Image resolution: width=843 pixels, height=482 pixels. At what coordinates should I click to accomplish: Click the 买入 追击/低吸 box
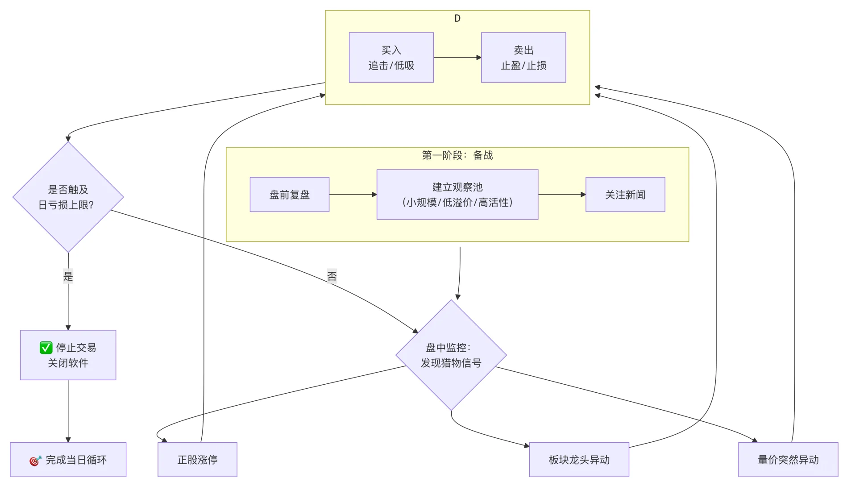pyautogui.click(x=391, y=58)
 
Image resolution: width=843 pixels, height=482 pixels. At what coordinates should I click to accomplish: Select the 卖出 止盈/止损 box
pyautogui.click(x=523, y=58)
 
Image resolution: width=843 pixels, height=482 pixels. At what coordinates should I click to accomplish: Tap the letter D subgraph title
pyautogui.click(x=457, y=18)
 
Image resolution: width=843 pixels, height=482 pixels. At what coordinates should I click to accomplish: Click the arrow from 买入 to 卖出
pyautogui.click(x=457, y=58)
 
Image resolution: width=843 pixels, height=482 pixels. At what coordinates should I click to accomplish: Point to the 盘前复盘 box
pyautogui.click(x=289, y=195)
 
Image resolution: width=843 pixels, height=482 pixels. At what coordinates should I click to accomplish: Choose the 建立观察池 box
pyautogui.click(x=457, y=195)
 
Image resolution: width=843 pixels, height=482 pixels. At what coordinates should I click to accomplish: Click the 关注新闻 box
pyautogui.click(x=625, y=195)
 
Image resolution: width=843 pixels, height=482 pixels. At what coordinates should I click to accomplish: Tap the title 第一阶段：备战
pyautogui.click(x=457, y=155)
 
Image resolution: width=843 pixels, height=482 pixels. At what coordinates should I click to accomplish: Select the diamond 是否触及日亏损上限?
pyautogui.click(x=68, y=197)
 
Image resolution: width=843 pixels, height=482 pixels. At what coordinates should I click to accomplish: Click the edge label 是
pyautogui.click(x=68, y=276)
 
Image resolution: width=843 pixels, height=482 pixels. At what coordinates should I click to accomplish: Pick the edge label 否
pyautogui.click(x=332, y=276)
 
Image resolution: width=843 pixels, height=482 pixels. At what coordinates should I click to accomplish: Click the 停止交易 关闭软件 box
pyautogui.click(x=68, y=355)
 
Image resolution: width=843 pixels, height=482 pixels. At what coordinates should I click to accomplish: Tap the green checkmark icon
pyautogui.click(x=46, y=348)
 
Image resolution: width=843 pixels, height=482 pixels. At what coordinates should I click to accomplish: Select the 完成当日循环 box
pyautogui.click(x=68, y=460)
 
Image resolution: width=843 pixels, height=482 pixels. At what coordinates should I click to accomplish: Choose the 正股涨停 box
pyautogui.click(x=197, y=460)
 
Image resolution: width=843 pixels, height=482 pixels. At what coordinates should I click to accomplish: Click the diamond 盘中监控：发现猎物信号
pyautogui.click(x=451, y=355)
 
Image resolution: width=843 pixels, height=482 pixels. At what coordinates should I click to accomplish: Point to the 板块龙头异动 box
pyautogui.click(x=579, y=460)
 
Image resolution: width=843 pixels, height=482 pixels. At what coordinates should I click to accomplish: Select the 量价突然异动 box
pyautogui.click(x=788, y=460)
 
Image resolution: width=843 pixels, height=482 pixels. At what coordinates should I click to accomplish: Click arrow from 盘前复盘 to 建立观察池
pyautogui.click(x=353, y=195)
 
